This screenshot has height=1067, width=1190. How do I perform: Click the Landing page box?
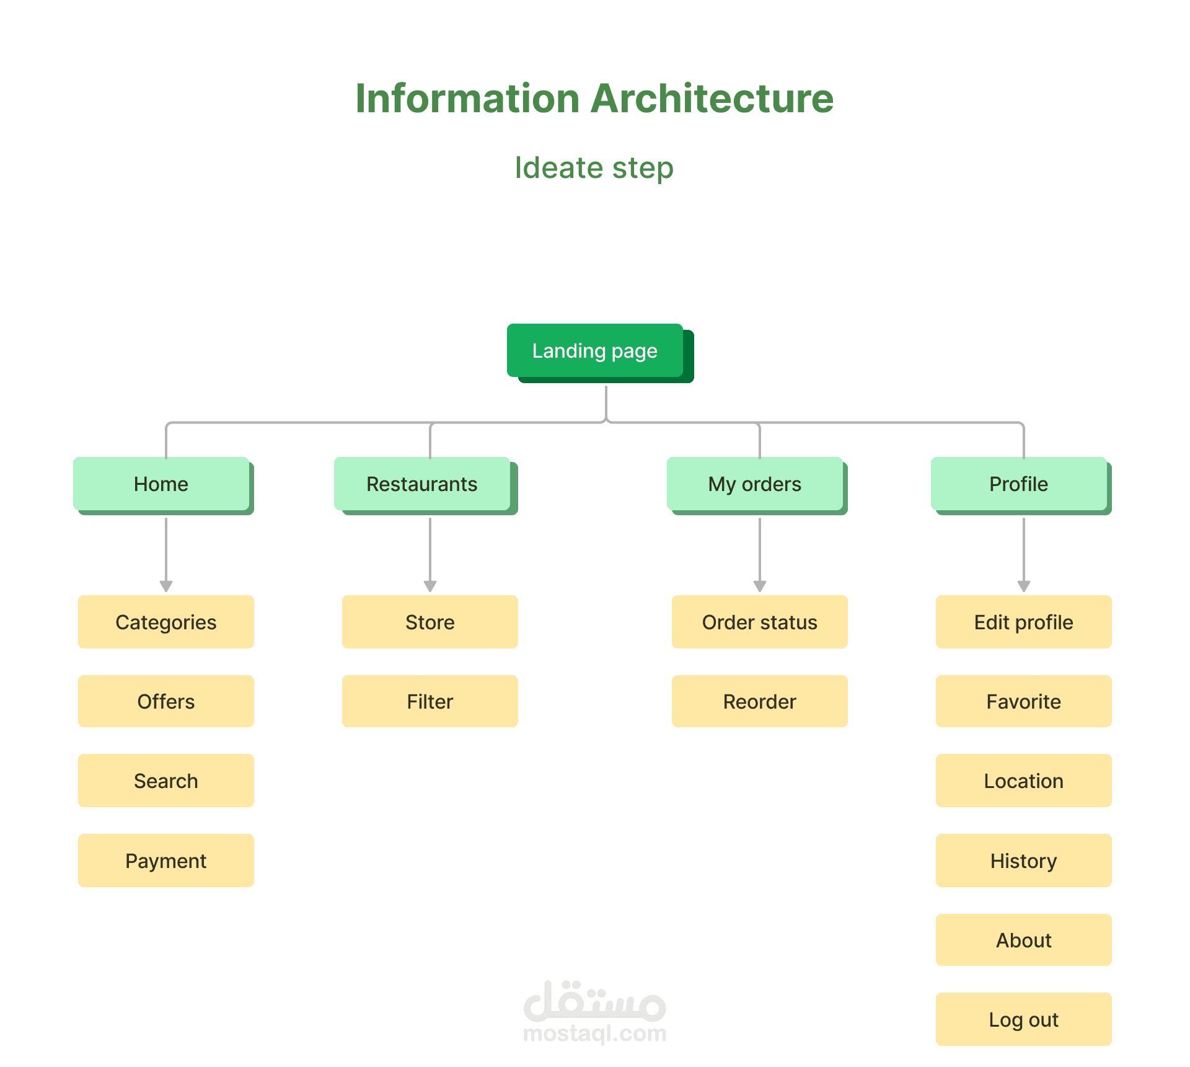point(595,350)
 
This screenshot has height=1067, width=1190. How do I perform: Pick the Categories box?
point(166,622)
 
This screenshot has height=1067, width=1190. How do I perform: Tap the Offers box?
point(166,701)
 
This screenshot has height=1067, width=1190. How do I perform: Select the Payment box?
point(166,861)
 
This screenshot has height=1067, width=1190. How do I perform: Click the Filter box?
point(430,701)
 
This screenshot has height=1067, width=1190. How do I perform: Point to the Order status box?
point(760,622)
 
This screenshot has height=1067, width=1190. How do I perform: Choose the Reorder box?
point(760,701)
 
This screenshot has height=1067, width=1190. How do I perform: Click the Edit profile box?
point(1024,622)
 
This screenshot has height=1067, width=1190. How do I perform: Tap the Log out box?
point(1024,1019)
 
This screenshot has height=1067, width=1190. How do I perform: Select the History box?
point(1024,861)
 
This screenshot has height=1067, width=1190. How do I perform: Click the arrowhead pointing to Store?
point(430,586)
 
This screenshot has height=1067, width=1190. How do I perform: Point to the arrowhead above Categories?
point(166,586)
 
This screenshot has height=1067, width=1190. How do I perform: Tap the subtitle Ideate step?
point(594,167)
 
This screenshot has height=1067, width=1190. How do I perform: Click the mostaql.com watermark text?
point(595,1034)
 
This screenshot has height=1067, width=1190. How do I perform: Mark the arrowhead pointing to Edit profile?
point(1024,586)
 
